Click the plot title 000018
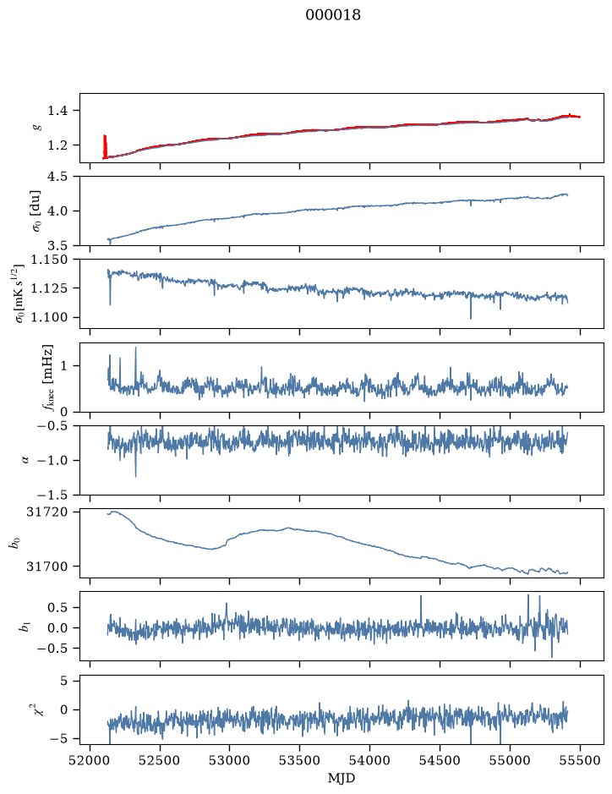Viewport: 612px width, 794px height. pyautogui.click(x=333, y=15)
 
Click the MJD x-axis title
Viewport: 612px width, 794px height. pyautogui.click(x=342, y=778)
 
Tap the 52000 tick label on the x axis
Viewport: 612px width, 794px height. pyautogui.click(x=90, y=761)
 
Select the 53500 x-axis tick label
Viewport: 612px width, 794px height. pyautogui.click(x=300, y=761)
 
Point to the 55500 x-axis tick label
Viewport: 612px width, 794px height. pyautogui.click(x=580, y=761)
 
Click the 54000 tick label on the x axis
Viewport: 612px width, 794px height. pyautogui.click(x=369, y=761)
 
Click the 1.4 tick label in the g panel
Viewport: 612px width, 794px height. pyautogui.click(x=57, y=111)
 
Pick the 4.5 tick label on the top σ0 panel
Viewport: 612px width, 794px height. pyautogui.click(x=57, y=177)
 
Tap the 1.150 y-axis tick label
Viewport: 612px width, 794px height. pyautogui.click(x=49, y=260)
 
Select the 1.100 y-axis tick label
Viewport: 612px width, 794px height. pyautogui.click(x=49, y=317)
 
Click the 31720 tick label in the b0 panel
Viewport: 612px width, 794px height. pyautogui.click(x=46, y=512)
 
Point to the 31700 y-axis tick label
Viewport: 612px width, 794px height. pyautogui.click(x=46, y=567)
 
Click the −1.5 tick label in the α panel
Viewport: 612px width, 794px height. pyautogui.click(x=52, y=495)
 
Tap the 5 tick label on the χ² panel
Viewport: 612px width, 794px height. pyautogui.click(x=63, y=681)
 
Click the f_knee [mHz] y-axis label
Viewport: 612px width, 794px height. pyautogui.click(x=48, y=377)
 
